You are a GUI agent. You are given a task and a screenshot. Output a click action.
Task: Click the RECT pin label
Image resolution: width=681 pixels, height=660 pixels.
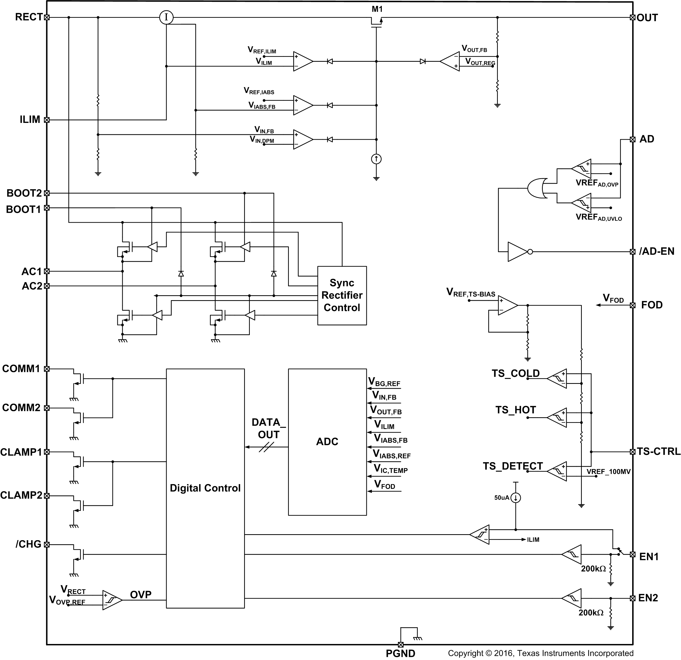[x=28, y=17]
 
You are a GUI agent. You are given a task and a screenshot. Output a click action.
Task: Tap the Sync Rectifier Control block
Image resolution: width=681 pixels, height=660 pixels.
[x=342, y=295]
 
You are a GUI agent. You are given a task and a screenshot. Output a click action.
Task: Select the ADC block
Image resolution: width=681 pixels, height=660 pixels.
[x=327, y=441]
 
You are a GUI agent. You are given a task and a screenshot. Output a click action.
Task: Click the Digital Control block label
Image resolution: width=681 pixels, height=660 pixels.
[x=205, y=488]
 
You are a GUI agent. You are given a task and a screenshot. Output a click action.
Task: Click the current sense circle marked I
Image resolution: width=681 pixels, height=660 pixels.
[x=166, y=17]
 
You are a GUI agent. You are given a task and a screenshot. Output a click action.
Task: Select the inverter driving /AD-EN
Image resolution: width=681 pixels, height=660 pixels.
[x=519, y=252]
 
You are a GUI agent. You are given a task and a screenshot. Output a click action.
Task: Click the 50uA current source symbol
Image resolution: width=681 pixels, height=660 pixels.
[x=516, y=498]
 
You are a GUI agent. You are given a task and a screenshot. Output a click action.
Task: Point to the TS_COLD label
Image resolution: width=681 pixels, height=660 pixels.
[x=515, y=374]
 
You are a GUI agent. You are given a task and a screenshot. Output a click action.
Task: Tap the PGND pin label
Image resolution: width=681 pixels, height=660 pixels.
[x=400, y=653]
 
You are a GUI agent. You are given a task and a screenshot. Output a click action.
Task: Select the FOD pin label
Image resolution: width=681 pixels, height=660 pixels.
[x=652, y=305]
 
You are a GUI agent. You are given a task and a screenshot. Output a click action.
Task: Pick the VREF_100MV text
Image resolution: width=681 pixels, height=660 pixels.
[x=608, y=472]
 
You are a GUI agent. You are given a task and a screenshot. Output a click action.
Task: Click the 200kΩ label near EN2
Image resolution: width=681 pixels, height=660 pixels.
[x=591, y=612]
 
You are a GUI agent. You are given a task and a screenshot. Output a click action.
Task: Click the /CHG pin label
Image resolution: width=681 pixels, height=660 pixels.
[x=28, y=544]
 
